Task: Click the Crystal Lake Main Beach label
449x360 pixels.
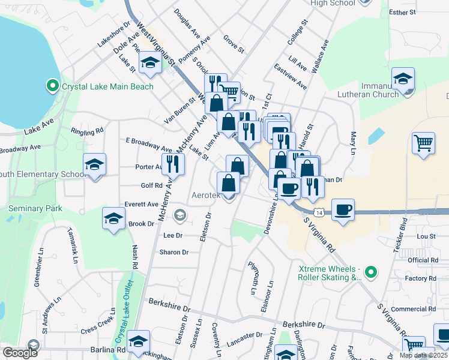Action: tap(107, 86)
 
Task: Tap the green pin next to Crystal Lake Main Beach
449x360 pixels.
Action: tap(52, 86)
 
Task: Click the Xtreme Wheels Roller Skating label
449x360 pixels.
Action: tap(330, 274)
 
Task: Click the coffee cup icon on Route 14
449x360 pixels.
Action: tap(343, 210)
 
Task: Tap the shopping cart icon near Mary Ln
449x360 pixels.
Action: tap(423, 143)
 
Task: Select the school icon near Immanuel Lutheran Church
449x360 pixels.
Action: tap(403, 78)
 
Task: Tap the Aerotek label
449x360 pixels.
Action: tap(206, 195)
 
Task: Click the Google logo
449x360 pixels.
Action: tap(19, 353)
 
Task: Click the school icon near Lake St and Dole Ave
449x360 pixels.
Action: tap(149, 63)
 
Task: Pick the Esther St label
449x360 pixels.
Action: tap(403, 11)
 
